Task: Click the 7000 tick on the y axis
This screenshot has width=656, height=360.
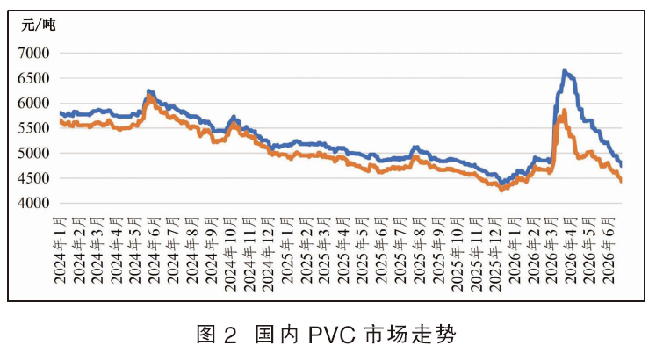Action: pos(33,53)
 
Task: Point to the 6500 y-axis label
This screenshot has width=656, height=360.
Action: pos(33,78)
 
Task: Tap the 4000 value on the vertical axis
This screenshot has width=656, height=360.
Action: pos(33,203)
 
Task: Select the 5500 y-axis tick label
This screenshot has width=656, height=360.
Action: pos(33,128)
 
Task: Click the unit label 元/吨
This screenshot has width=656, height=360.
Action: pos(38,25)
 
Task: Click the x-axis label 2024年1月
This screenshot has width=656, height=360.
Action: pos(61,250)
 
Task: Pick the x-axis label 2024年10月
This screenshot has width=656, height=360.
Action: pos(231,254)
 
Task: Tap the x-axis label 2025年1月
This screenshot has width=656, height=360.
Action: pos(288,250)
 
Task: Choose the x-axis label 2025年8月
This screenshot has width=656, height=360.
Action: pos(420,250)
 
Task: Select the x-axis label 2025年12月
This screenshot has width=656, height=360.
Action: pos(496,254)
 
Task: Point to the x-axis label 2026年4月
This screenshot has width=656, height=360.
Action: pos(572,250)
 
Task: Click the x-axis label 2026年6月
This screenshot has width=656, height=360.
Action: pos(609,250)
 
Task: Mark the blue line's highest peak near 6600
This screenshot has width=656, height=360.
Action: pos(565,71)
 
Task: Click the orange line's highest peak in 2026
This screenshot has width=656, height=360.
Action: pos(565,110)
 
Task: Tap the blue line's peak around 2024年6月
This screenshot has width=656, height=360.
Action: pos(149,90)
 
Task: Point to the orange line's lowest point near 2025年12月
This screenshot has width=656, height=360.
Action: pos(501,190)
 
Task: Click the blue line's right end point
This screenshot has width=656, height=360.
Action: pos(621,166)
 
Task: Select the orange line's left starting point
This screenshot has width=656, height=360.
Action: pos(61,121)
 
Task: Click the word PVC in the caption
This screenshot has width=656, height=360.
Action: pos(332,335)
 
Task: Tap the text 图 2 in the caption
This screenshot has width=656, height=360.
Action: pos(217,335)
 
